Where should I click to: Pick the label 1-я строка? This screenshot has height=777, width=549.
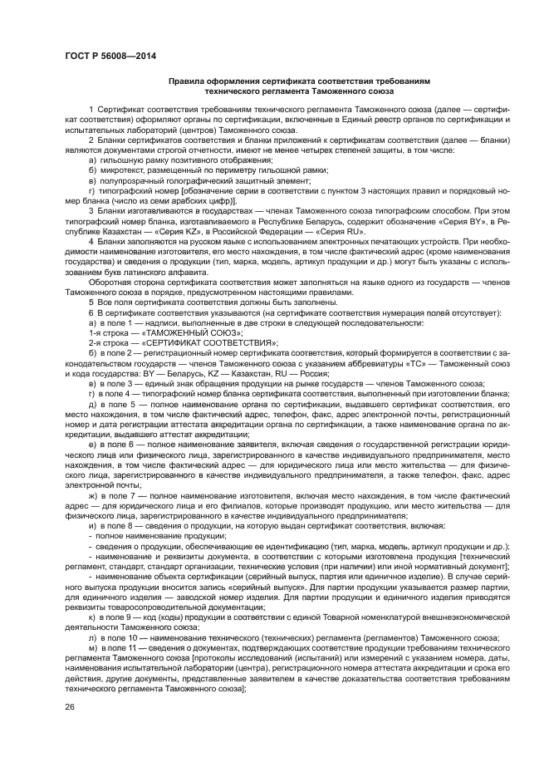(x=108, y=332)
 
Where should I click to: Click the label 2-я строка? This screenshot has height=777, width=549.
(x=108, y=342)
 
